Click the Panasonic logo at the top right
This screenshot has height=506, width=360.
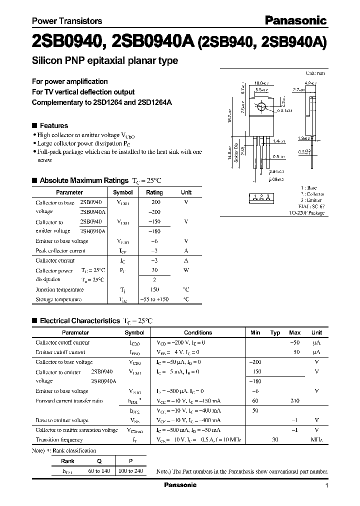coord(295,20)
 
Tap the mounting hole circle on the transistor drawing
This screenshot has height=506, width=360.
coord(261,107)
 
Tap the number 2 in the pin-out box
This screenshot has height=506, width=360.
coord(261,196)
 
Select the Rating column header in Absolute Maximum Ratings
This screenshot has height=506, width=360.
coord(154,192)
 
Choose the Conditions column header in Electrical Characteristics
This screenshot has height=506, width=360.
coord(198,332)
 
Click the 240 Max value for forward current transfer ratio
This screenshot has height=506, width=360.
coord(294,401)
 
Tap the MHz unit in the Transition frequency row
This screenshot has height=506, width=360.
coord(316,439)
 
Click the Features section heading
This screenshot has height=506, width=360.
coord(53,125)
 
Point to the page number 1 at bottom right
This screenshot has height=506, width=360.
coord(326,485)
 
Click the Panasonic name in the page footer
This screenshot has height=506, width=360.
coord(180,485)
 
